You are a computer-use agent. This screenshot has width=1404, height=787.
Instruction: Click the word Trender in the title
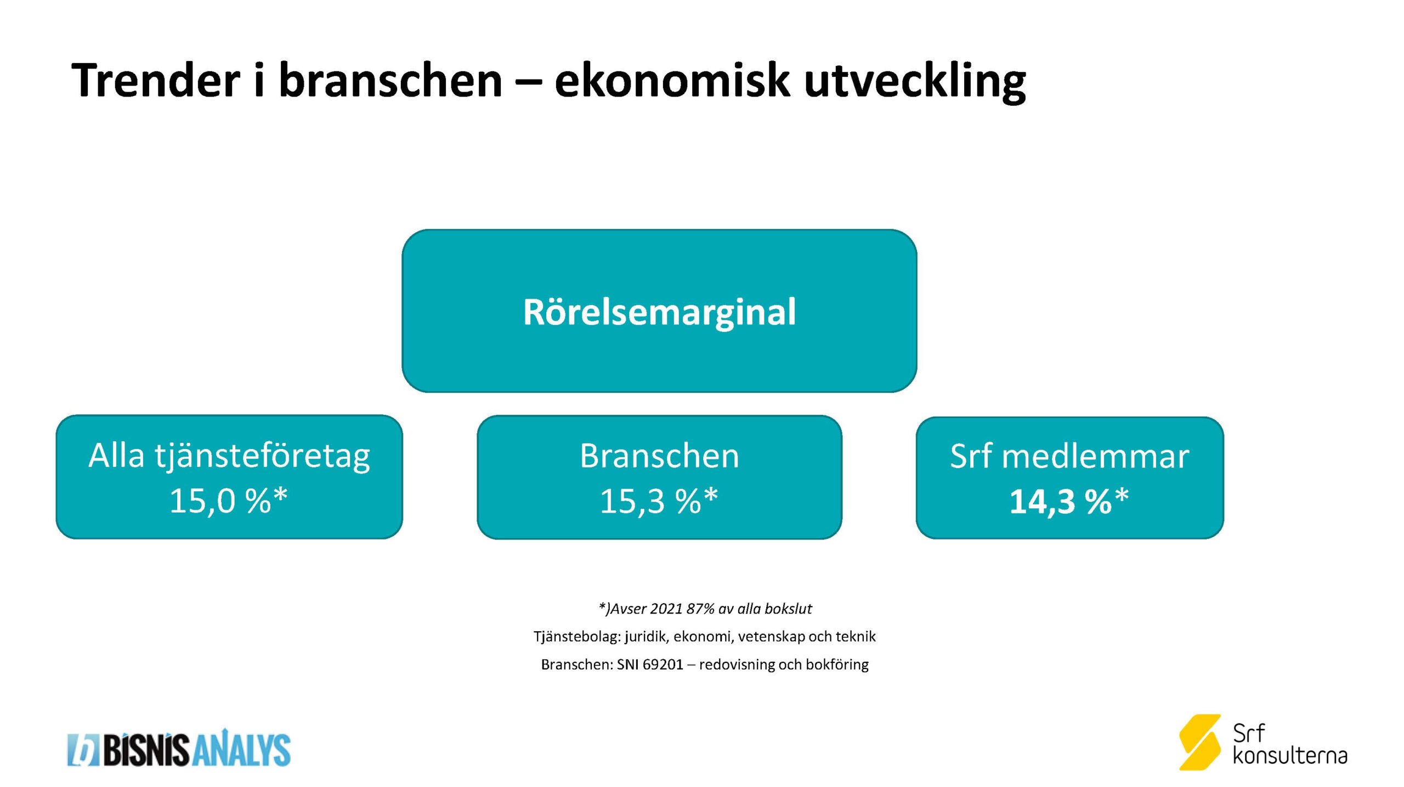[156, 80]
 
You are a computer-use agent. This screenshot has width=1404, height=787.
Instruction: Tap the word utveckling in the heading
[915, 81]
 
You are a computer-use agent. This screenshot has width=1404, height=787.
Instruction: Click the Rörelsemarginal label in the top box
[659, 312]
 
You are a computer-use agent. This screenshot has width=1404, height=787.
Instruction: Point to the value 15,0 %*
[229, 501]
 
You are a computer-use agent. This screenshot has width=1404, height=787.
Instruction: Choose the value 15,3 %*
[659, 501]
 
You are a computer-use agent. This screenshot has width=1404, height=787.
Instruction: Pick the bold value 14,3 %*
[1069, 501]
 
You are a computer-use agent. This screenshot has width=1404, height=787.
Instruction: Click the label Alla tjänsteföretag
[229, 457]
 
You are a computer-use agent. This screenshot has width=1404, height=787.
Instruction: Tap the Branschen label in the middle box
[659, 456]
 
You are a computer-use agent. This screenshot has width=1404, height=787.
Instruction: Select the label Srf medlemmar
[1069, 456]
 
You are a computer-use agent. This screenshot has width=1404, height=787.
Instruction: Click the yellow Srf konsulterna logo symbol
[1200, 742]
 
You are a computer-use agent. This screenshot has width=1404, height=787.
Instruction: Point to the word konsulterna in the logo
[1290, 756]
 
